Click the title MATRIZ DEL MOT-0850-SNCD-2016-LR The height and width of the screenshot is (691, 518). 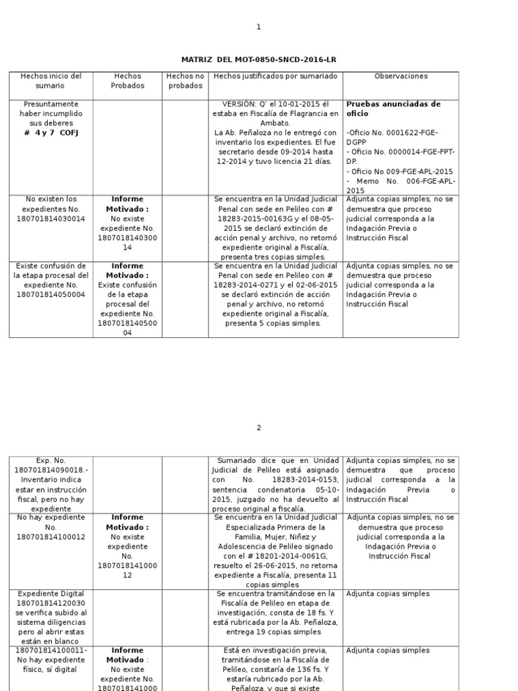pos(258,60)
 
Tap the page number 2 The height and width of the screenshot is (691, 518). pos(258,428)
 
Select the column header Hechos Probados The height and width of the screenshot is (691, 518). pos(127,81)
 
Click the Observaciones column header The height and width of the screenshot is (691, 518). pos(401,76)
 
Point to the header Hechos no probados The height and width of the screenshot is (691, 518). pos(185,81)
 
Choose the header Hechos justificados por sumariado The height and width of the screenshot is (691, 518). pos(275,76)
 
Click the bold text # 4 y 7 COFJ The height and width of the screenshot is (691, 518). pos(51,133)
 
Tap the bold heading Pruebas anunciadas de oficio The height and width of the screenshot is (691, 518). pos(393,109)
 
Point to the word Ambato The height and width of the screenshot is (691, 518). pos(275,123)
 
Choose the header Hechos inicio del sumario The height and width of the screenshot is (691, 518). pos(51,81)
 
